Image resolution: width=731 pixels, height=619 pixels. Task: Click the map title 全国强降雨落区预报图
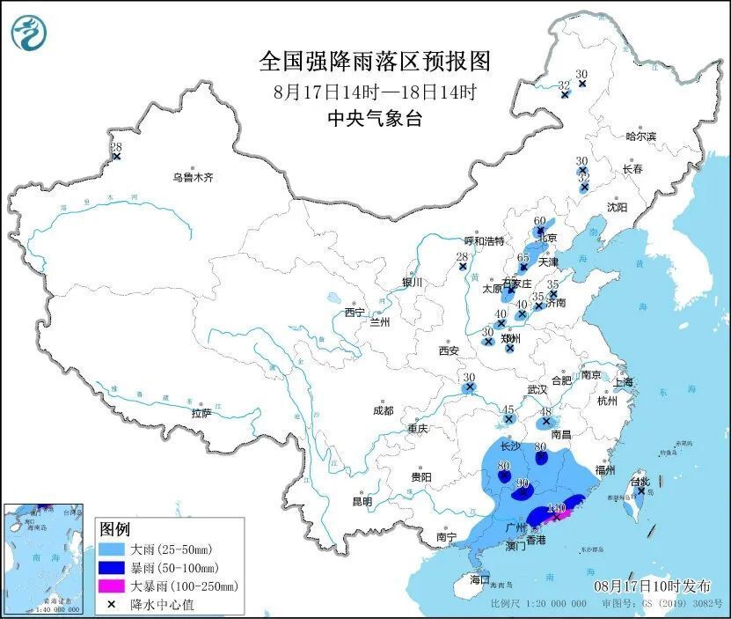(x=375, y=62)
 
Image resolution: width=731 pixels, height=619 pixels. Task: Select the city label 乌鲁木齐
(x=193, y=177)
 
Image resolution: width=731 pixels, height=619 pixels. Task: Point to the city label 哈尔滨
(x=640, y=136)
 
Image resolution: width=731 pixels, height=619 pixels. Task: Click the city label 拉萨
(x=201, y=413)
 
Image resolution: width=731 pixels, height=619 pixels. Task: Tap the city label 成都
(x=383, y=410)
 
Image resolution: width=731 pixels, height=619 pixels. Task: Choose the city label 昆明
(x=362, y=501)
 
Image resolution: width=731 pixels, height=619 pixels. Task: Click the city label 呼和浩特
(x=485, y=240)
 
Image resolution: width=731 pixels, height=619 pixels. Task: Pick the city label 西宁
(x=355, y=313)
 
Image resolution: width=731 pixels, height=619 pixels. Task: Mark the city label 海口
(x=479, y=580)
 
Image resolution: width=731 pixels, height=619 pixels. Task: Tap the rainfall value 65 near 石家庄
(x=523, y=257)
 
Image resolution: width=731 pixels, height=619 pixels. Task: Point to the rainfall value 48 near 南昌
(x=545, y=411)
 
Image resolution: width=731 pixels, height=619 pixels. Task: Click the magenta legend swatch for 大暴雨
(x=111, y=586)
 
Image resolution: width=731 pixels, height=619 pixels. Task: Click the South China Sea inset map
(x=44, y=558)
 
